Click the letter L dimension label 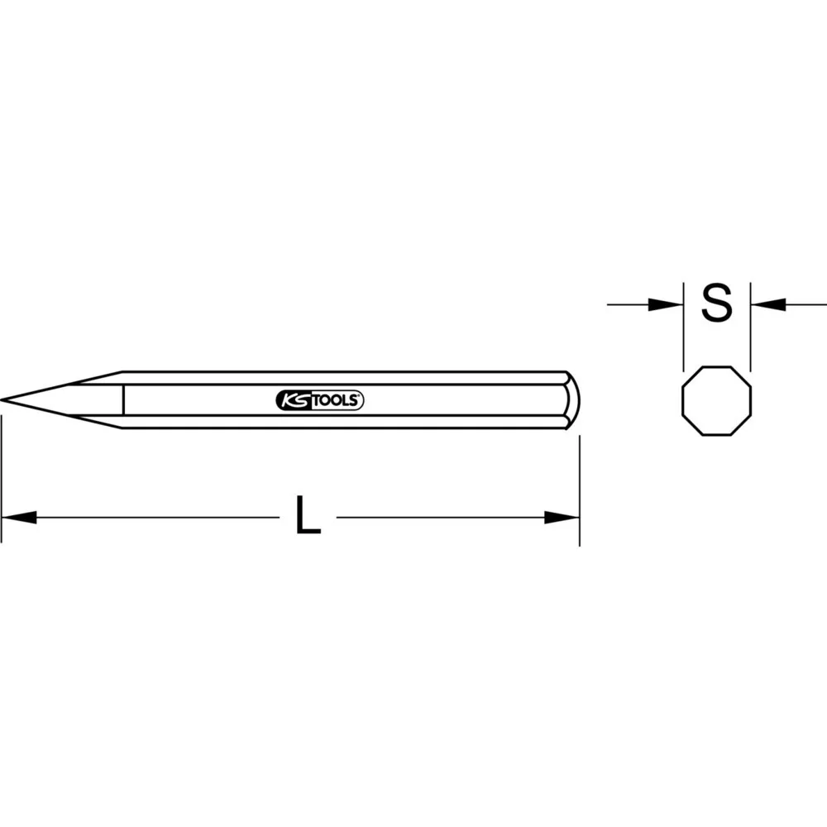pos(308,518)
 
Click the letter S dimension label pos(716,304)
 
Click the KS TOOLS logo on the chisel pos(318,400)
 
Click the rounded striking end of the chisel pos(573,400)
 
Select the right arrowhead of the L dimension pos(562,518)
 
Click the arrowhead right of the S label pos(767,305)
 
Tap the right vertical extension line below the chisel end pos(579,488)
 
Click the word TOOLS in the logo pos(337,401)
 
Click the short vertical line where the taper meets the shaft pos(122,400)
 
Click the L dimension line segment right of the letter pos(438,518)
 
